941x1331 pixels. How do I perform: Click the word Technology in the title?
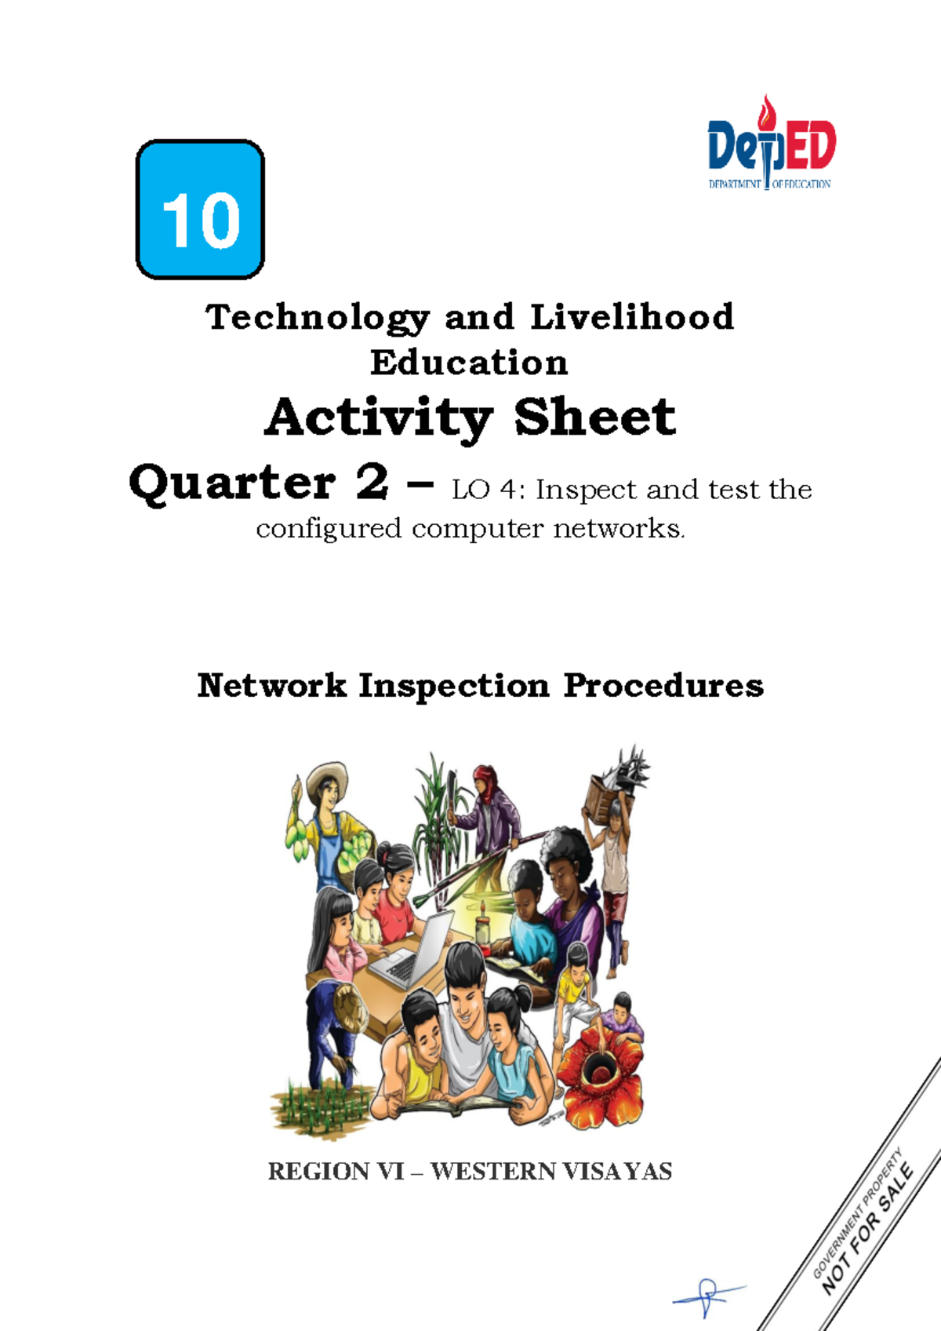[318, 318]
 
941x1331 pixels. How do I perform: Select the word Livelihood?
[632, 318]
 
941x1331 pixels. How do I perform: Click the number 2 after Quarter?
[372, 482]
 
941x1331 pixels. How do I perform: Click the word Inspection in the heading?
[454, 685]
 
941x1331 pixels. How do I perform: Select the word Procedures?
[663, 685]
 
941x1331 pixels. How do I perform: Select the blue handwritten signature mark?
[708, 1296]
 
